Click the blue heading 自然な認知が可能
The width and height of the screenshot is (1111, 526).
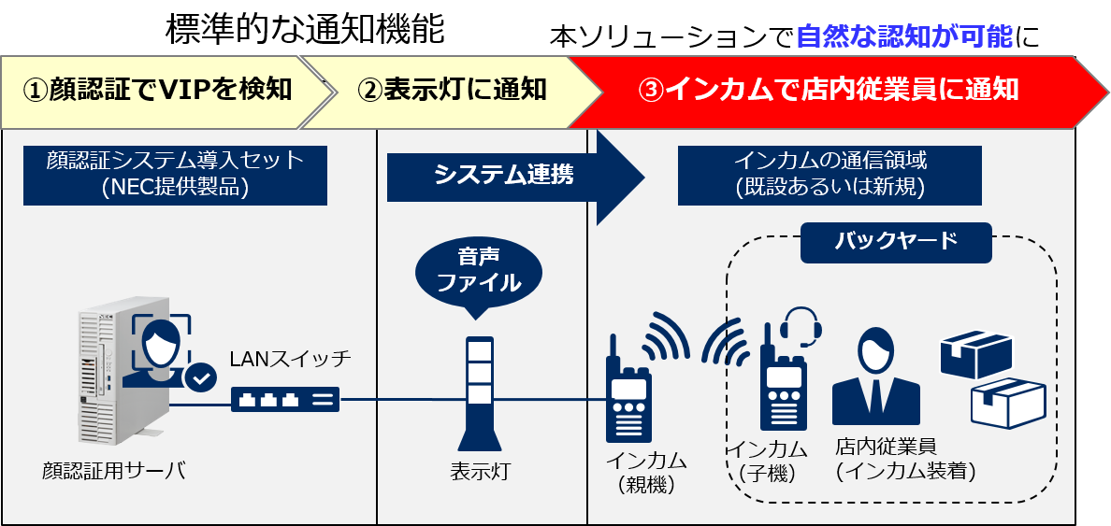903,36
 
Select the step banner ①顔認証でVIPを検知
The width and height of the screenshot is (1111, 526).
157,90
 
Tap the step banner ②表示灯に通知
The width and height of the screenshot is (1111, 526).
452,90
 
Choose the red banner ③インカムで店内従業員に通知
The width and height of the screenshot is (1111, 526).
828,90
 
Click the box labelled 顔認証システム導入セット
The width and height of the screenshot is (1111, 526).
175,174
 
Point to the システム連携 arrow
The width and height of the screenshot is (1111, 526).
505,174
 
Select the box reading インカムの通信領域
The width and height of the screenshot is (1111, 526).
830,174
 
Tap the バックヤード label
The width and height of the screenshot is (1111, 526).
895,241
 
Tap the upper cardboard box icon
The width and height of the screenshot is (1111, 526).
975,354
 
